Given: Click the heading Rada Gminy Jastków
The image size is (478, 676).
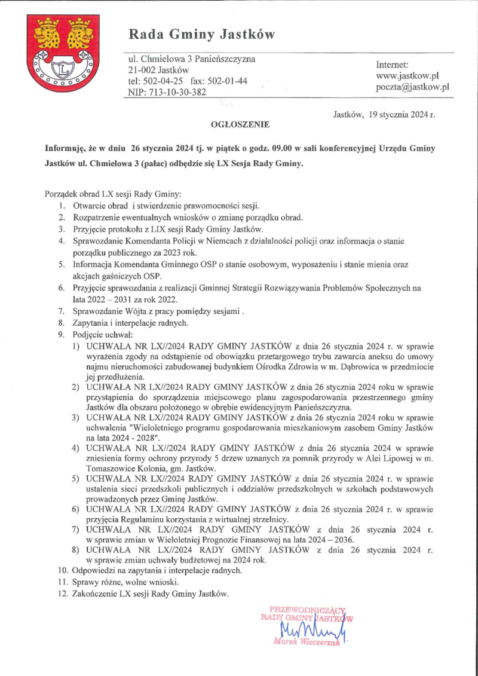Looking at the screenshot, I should click(x=203, y=35).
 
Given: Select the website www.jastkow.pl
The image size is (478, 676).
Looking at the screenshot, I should click(x=407, y=76).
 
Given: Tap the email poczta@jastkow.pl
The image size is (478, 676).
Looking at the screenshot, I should click(x=412, y=87).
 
